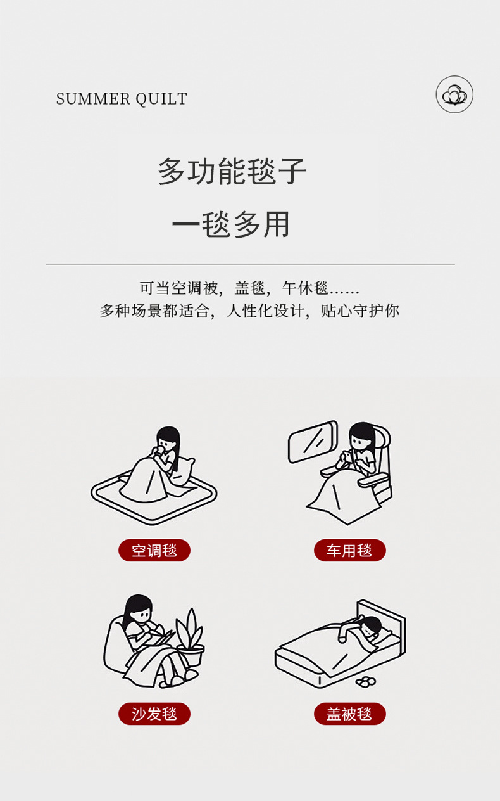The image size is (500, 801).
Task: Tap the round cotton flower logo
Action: point(454,94)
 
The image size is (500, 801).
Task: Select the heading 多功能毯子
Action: point(232,171)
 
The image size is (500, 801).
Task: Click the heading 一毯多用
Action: point(231,224)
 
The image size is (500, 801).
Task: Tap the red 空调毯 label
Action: point(154,550)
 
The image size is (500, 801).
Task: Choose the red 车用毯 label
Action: point(349,550)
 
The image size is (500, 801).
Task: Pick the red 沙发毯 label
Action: point(154,714)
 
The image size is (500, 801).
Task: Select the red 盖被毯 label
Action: point(349,714)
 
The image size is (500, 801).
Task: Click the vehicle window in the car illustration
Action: point(313,441)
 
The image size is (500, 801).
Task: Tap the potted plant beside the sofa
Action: point(190,638)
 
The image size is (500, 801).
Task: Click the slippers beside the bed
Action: point(366,682)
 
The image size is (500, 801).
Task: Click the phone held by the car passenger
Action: point(346,455)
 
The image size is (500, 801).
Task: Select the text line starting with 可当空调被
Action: point(249,288)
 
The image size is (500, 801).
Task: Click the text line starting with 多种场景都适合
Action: point(249,311)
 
